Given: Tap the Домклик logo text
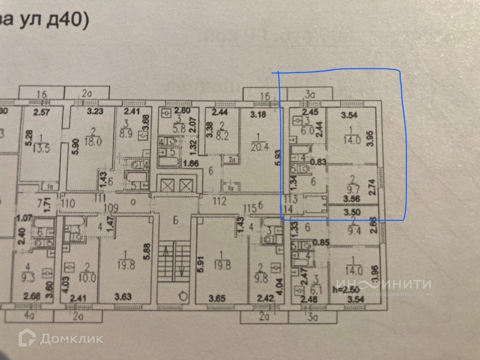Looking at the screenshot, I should pyautogui.click(x=71, y=338).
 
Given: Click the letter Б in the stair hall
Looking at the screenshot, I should pyautogui.click(x=176, y=220).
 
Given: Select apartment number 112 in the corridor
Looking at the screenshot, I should pyautogui.click(x=219, y=202).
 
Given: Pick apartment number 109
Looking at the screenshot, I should pyautogui.click(x=111, y=208).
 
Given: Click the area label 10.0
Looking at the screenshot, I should pyautogui.click(x=87, y=278).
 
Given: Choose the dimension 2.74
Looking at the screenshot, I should pyautogui.click(x=372, y=186).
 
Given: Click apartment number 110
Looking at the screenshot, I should pyautogui.click(x=68, y=203).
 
